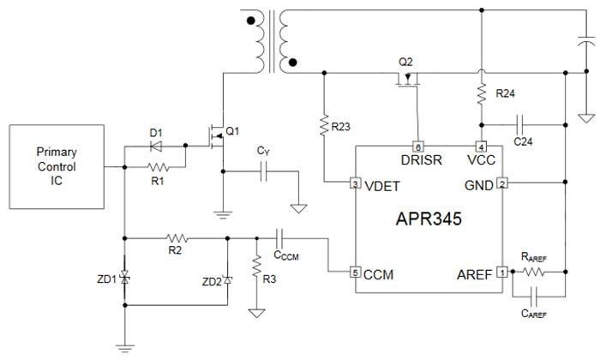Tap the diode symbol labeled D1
tap(155, 147)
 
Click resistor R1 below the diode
tap(155, 167)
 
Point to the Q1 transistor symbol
tap(216, 135)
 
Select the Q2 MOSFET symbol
tap(410, 81)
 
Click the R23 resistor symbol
tap(325, 127)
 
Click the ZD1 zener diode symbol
tap(125, 279)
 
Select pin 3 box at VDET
tap(354, 183)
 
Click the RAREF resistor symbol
tap(536, 272)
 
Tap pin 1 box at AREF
tap(502, 272)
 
